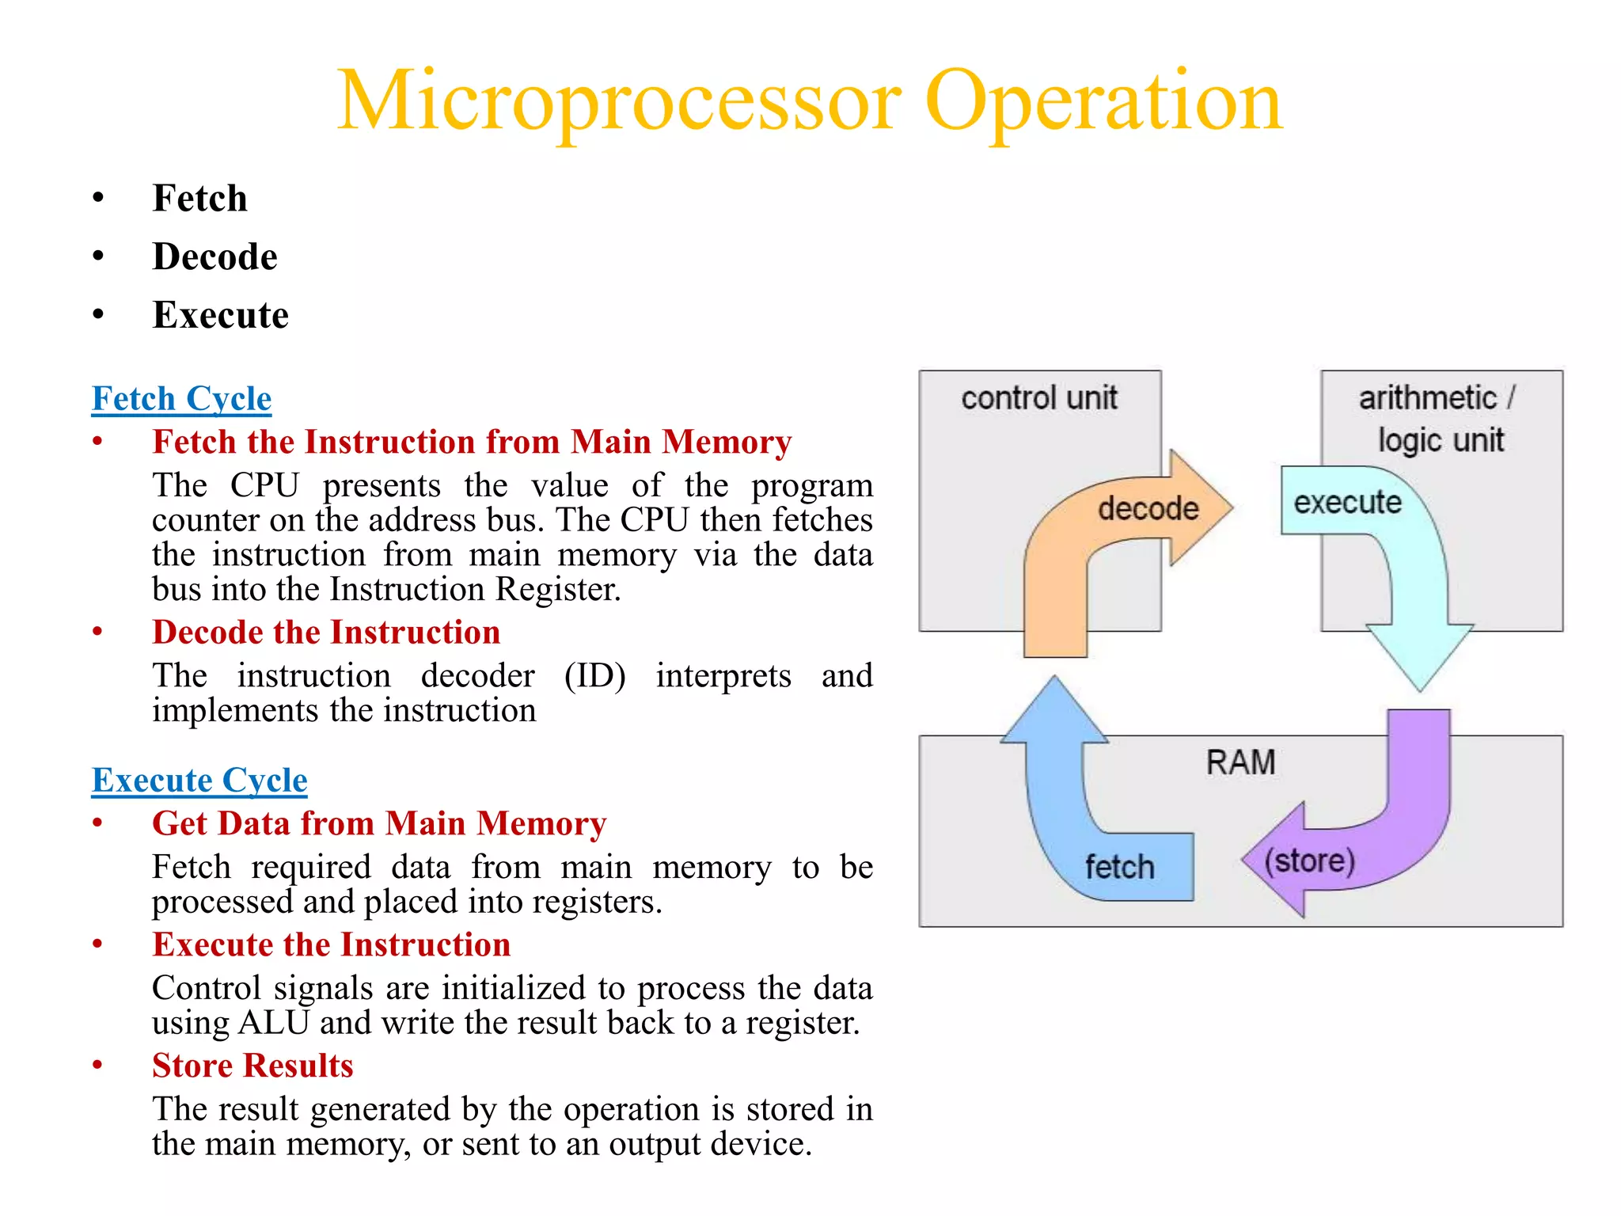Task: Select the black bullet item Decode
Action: pyautogui.click(x=214, y=256)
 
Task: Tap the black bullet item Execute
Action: pyautogui.click(x=220, y=315)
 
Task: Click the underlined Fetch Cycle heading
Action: pyautogui.click(x=181, y=398)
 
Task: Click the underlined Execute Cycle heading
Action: pyautogui.click(x=199, y=780)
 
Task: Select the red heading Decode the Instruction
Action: pyautogui.click(x=326, y=633)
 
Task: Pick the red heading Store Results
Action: pyautogui.click(x=252, y=1066)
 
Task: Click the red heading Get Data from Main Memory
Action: pyautogui.click(x=379, y=823)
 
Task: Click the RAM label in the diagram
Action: pyautogui.click(x=1240, y=762)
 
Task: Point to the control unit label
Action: pyautogui.click(x=1038, y=397)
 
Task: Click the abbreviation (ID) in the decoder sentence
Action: pyautogui.click(x=594, y=676)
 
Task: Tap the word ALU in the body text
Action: pyautogui.click(x=273, y=1023)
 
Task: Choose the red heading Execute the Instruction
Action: pyautogui.click(x=331, y=944)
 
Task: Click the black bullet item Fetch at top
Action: pyautogui.click(x=199, y=198)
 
